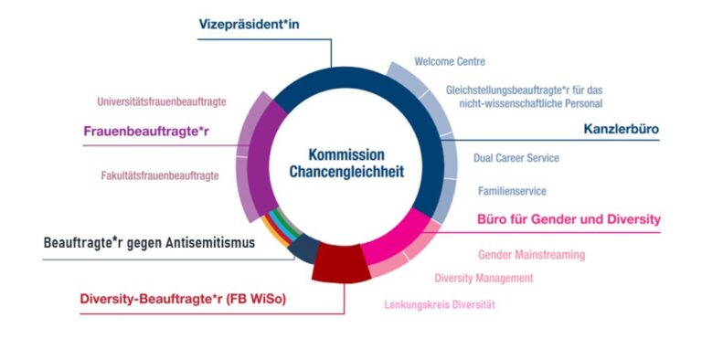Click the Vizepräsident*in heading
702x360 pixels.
click(x=249, y=24)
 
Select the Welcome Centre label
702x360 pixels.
click(x=449, y=62)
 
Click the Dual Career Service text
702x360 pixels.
click(x=516, y=158)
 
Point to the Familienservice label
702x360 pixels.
click(x=512, y=191)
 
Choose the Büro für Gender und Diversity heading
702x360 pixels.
click(x=569, y=219)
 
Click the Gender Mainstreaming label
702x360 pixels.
click(x=531, y=255)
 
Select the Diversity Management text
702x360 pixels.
click(x=484, y=278)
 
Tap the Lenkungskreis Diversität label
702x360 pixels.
click(x=441, y=304)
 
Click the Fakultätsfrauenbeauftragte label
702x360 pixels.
click(x=160, y=175)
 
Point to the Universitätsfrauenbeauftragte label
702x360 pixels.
click(x=161, y=101)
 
